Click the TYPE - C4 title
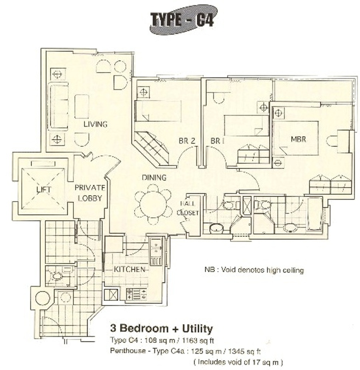[x=182, y=20]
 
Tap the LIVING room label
[x=96, y=124]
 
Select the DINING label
[x=154, y=177]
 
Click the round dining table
[x=153, y=204]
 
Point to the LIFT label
[x=44, y=189]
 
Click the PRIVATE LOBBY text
[x=90, y=193]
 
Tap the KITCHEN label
[x=130, y=269]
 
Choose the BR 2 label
[x=187, y=141]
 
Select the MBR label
[x=298, y=139]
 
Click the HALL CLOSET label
[x=188, y=208]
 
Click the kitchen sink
[x=156, y=252]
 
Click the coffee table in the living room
[x=82, y=106]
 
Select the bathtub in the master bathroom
[x=314, y=214]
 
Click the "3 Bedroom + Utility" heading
[x=162, y=328]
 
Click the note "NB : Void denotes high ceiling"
[x=254, y=270]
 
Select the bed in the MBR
[x=295, y=138]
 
